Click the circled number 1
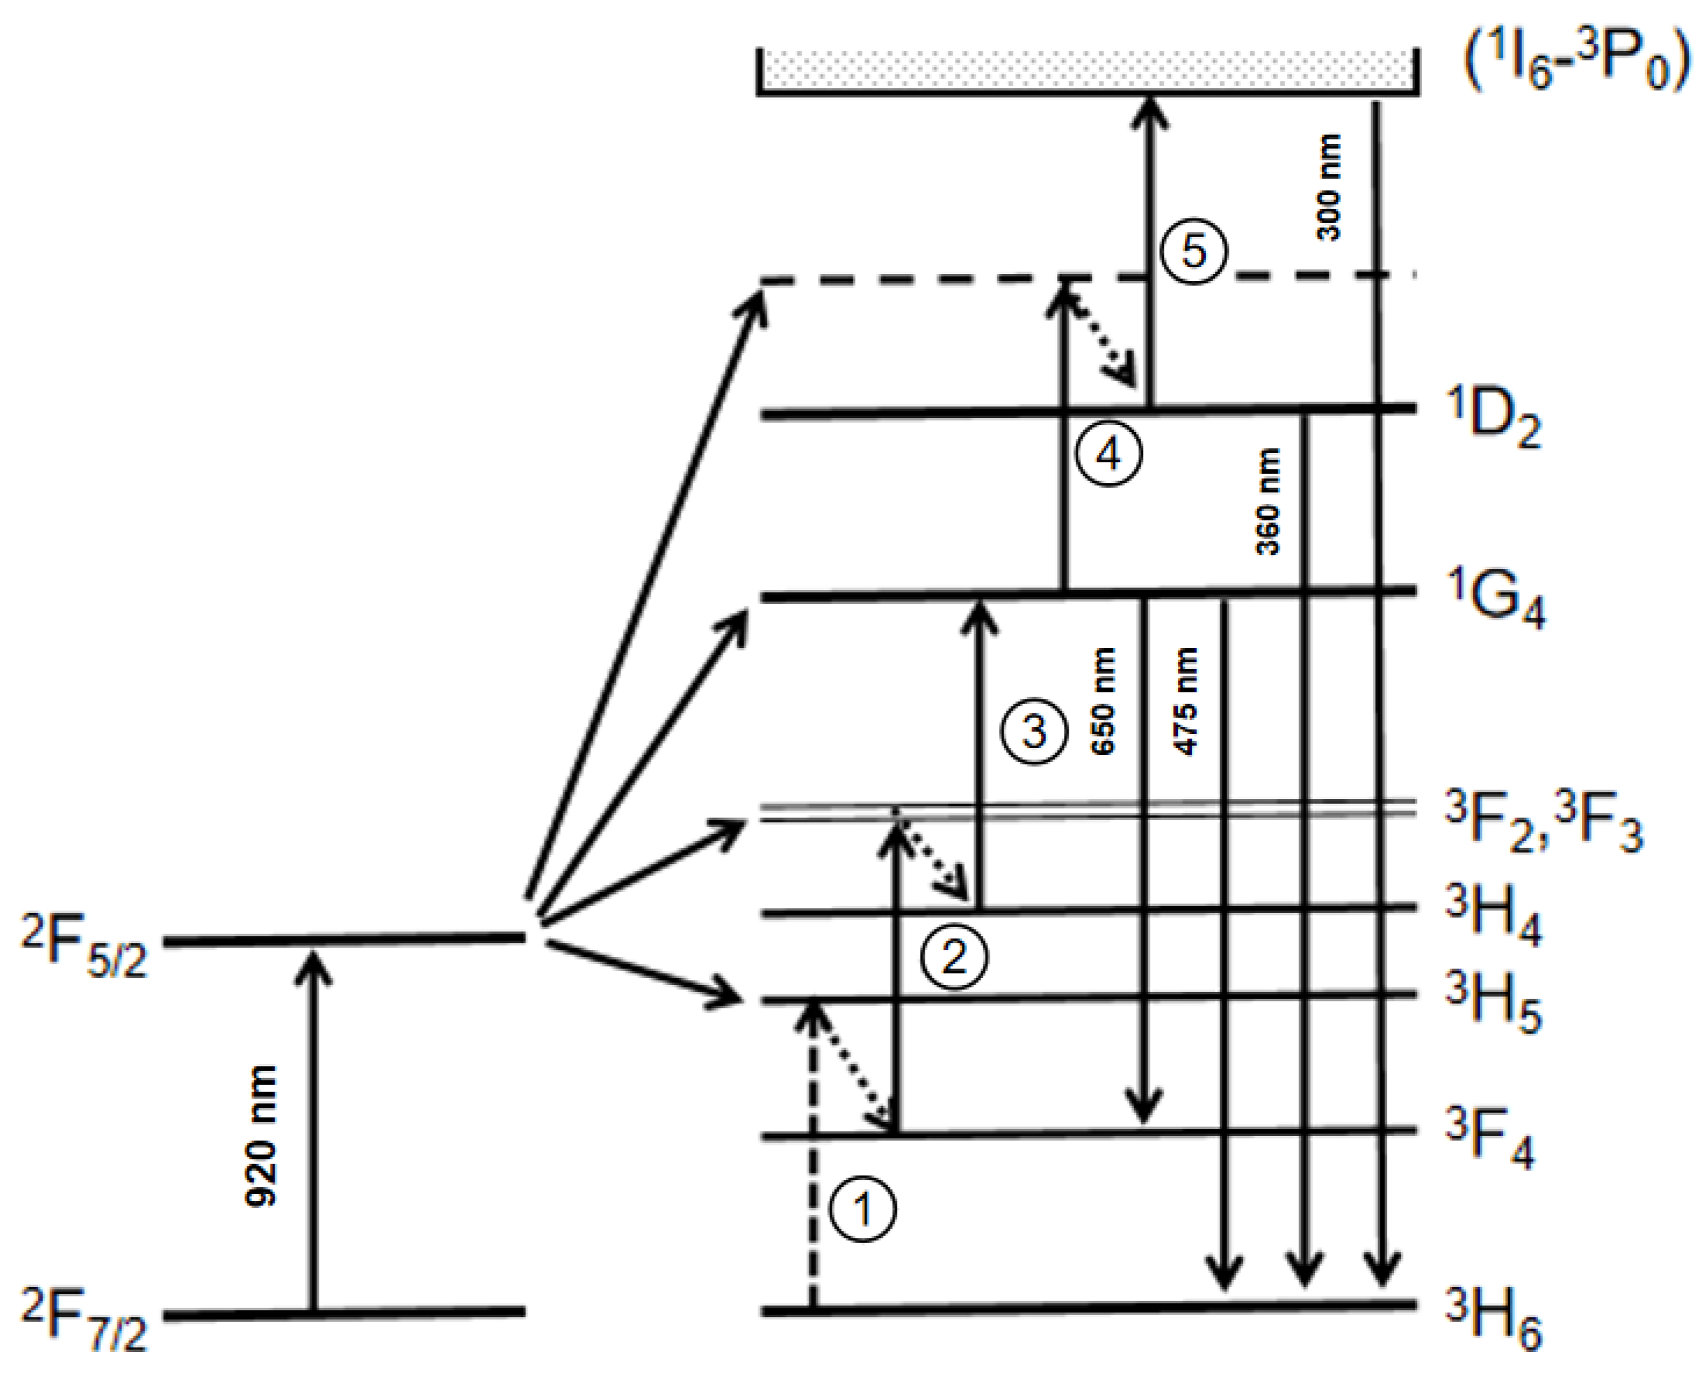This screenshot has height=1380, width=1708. pos(862,1209)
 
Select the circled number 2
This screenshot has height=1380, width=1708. pos(954,956)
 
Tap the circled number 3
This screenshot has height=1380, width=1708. pos(1033,731)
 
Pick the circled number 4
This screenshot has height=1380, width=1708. pos(1108,454)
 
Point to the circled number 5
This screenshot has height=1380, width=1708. pos(1194,250)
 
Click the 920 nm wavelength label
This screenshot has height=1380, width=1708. pos(261,1137)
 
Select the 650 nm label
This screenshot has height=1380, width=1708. pos(1103,702)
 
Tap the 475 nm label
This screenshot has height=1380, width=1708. pos(1185,702)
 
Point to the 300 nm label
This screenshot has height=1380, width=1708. pos(1329,187)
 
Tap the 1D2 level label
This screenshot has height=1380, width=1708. pos(1493,419)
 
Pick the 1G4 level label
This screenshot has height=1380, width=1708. pos(1494,601)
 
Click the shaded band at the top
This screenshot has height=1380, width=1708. pos(1087,70)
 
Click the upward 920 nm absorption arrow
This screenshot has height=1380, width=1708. pos(313,1129)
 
